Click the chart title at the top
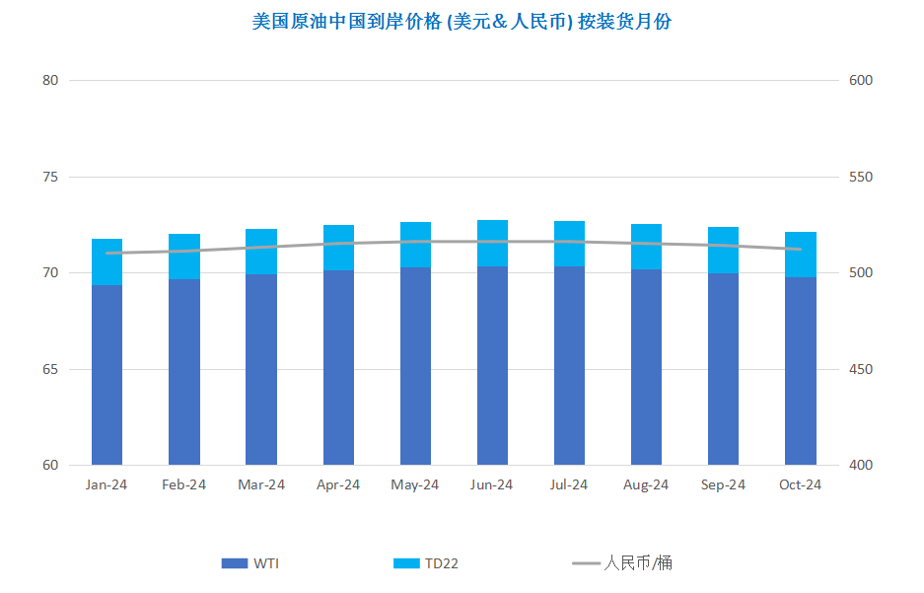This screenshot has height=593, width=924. (x=462, y=22)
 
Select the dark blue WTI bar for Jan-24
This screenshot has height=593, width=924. (x=107, y=375)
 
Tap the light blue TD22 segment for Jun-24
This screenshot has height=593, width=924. (x=492, y=244)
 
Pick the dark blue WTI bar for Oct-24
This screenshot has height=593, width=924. (x=801, y=371)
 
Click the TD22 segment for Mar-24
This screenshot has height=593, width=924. (x=261, y=252)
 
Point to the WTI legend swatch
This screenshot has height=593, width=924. (x=234, y=563)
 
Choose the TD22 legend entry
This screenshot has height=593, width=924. (x=425, y=563)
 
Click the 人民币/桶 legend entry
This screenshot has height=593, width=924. (x=621, y=563)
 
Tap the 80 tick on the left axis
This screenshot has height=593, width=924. (x=50, y=80)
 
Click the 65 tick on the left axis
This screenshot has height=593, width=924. (x=50, y=370)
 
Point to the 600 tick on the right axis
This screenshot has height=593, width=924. (x=860, y=80)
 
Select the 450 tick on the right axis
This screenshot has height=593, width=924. (x=860, y=370)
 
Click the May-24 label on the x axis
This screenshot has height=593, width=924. (x=415, y=484)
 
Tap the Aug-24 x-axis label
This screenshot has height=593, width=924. (x=646, y=484)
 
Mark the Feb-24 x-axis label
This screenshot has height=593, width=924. (x=183, y=484)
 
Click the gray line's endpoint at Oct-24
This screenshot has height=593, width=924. (x=801, y=249)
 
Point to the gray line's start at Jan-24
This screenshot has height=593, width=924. (x=107, y=253)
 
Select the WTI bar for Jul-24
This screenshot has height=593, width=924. (x=569, y=365)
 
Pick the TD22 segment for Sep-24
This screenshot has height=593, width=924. (x=723, y=251)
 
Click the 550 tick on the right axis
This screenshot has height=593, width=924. (x=860, y=177)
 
